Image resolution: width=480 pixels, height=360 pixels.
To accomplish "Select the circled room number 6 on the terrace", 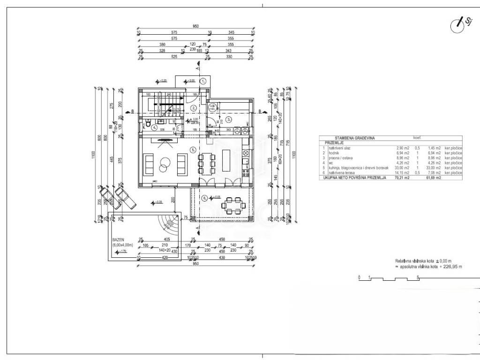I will pos(204,198).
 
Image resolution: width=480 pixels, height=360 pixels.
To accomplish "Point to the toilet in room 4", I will pos(147,126).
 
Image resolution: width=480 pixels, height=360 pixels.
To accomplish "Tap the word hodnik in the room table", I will pos(331,153).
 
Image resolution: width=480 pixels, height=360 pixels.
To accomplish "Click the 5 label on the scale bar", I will pos(418,277).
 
